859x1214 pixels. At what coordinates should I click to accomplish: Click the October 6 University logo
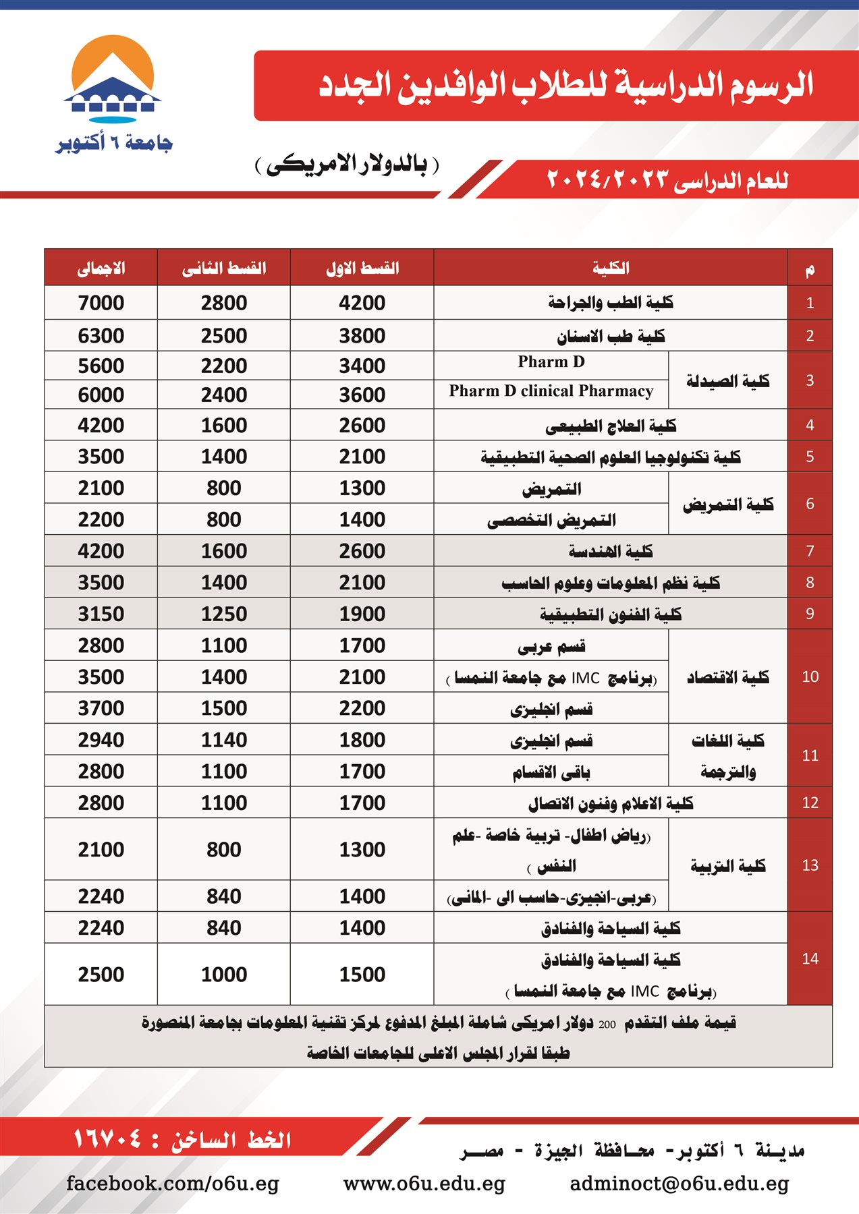coord(113,94)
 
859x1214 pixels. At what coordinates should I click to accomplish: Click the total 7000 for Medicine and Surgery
coord(101,303)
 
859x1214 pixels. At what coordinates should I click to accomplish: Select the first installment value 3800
coord(362,335)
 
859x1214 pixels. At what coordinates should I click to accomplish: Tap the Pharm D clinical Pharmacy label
coord(551,391)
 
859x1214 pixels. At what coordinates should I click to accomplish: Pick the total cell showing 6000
coord(101,395)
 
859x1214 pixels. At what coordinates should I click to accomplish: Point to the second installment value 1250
coord(224,614)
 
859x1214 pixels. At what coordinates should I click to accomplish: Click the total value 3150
coord(101,614)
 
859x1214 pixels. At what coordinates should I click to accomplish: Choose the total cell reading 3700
coord(101,708)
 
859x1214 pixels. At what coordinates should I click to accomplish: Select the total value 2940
coord(101,740)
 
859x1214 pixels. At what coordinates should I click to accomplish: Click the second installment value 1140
coord(224,740)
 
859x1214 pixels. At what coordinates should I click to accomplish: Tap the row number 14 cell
coord(810,958)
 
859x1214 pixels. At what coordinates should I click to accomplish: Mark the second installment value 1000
coord(224,974)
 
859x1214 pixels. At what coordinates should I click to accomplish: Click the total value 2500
coord(101,974)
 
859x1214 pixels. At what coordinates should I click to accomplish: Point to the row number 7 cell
coord(810,551)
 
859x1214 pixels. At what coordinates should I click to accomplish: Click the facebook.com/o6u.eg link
coord(173,1184)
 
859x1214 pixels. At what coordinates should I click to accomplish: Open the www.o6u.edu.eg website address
coord(424,1184)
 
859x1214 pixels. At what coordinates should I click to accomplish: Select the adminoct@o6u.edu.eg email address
coord(679,1184)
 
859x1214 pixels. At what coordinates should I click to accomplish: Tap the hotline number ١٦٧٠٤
coord(108,1139)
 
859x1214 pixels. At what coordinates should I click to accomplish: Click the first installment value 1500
coord(362,974)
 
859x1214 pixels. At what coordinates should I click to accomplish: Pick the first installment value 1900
coord(362,614)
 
